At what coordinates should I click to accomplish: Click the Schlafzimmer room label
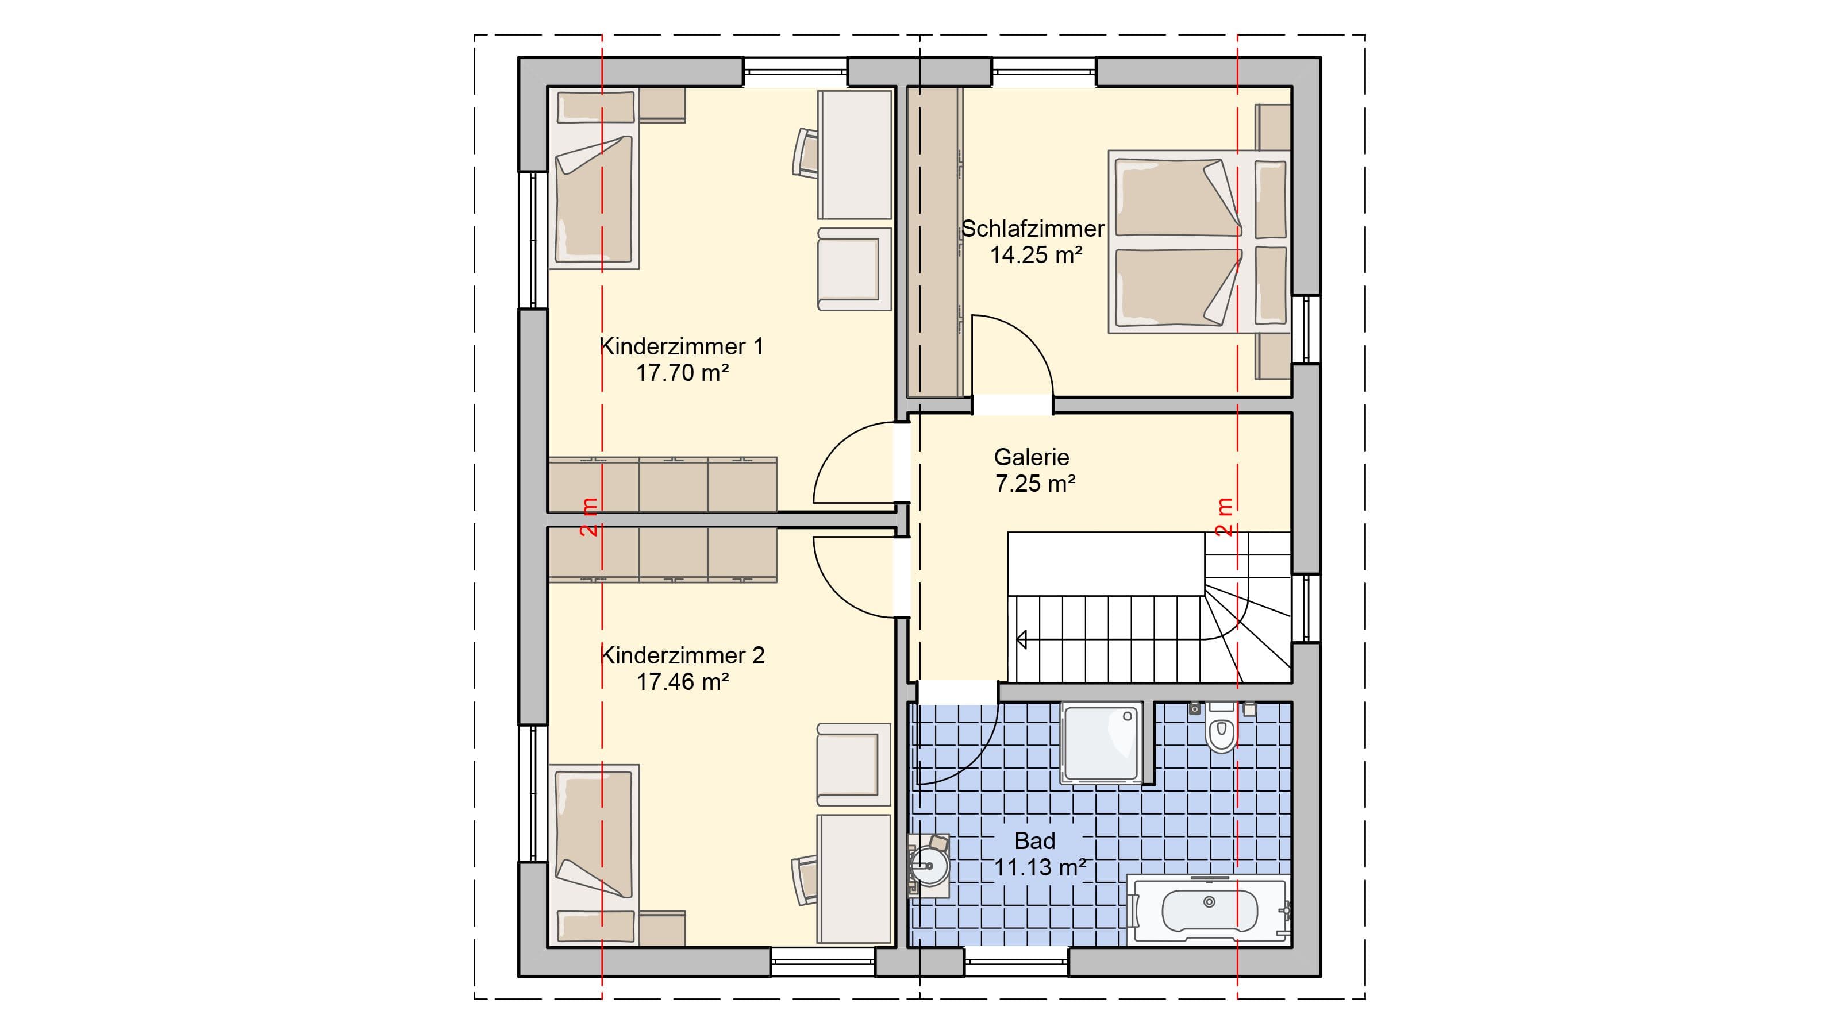click(1033, 229)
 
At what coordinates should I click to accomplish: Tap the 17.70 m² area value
click(683, 372)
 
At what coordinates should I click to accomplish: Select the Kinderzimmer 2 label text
click(683, 655)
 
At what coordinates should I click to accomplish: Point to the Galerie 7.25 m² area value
click(1035, 484)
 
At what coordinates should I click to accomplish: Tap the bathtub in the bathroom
click(1209, 910)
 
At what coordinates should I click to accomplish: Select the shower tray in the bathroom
click(1102, 743)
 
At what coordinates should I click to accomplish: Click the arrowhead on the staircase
click(1022, 639)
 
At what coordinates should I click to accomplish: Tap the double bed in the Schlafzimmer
click(1199, 241)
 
